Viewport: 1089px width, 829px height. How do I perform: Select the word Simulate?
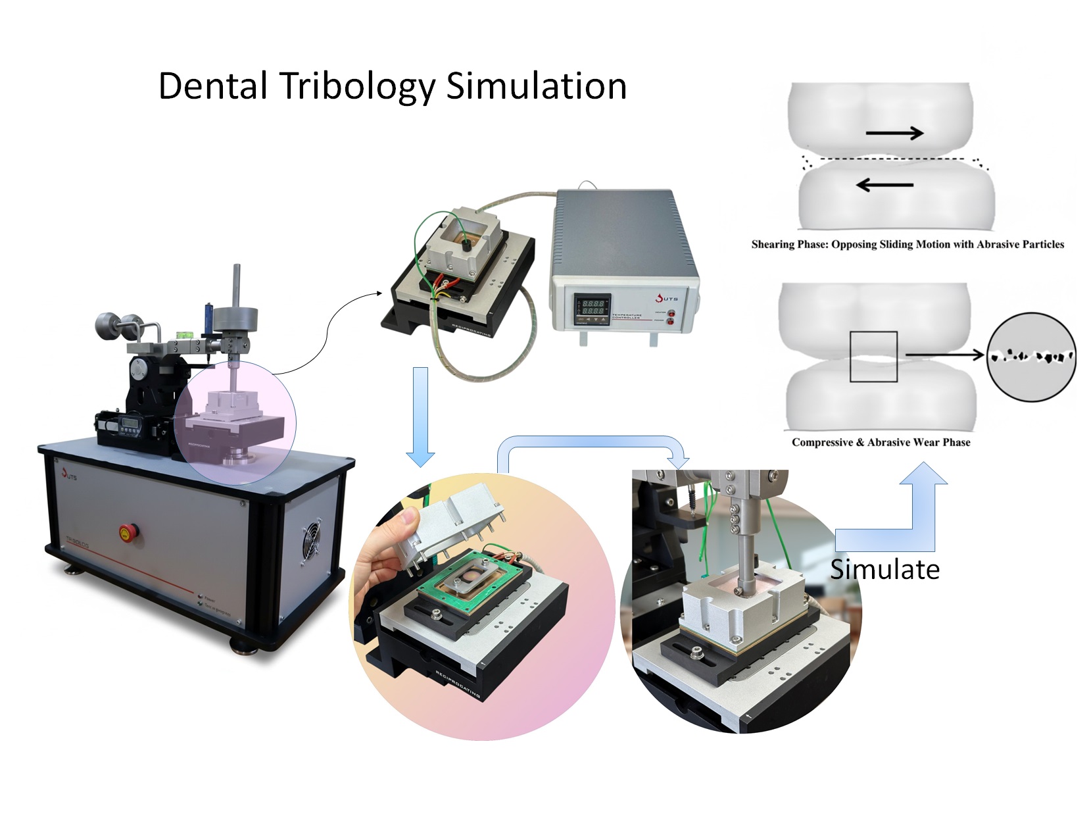[884, 569]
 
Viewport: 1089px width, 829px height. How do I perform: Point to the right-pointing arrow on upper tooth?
[894, 134]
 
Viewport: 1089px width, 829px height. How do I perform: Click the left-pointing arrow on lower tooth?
[884, 186]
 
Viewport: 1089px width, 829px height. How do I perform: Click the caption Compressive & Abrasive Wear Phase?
[881, 442]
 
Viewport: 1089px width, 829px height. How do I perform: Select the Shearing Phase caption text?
[907, 244]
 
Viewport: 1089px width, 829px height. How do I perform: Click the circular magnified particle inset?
[1031, 357]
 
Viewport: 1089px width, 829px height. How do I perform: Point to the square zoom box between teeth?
[873, 357]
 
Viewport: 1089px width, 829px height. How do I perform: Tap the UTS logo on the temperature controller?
[666, 298]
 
